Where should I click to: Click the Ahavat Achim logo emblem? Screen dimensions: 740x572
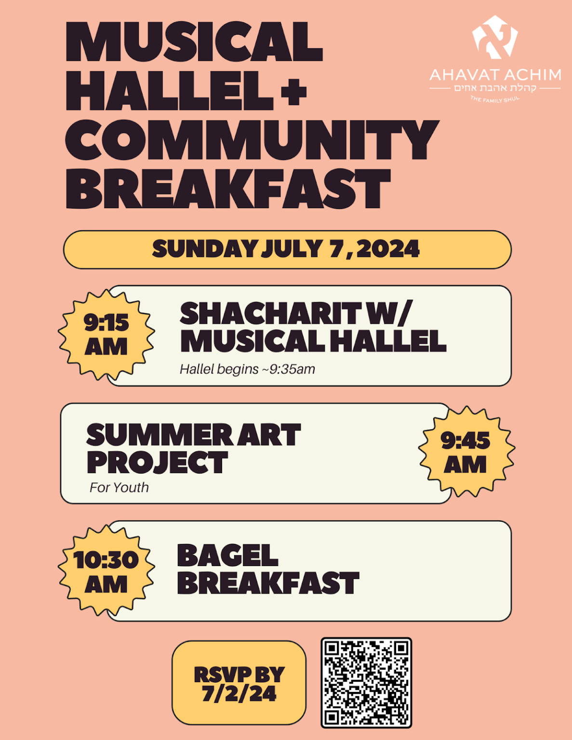click(494, 37)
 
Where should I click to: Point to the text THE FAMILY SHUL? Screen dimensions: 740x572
click(495, 99)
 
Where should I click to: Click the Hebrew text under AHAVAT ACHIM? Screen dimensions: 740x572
click(495, 88)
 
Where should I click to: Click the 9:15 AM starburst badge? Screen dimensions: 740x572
click(106, 334)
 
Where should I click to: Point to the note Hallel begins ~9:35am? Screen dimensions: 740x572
click(247, 369)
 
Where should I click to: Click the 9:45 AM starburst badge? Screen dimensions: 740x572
click(466, 452)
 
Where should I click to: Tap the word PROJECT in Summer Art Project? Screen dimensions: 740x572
click(157, 462)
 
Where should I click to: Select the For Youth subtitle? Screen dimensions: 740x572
click(119, 488)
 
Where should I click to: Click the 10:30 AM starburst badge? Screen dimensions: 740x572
click(106, 571)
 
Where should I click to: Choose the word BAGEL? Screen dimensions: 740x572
click(227, 555)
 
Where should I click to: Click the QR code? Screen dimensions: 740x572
click(366, 683)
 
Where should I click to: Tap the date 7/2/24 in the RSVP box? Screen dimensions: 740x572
click(239, 694)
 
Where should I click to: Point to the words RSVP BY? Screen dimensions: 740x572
click(239, 674)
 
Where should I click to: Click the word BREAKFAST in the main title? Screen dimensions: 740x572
click(227, 189)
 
